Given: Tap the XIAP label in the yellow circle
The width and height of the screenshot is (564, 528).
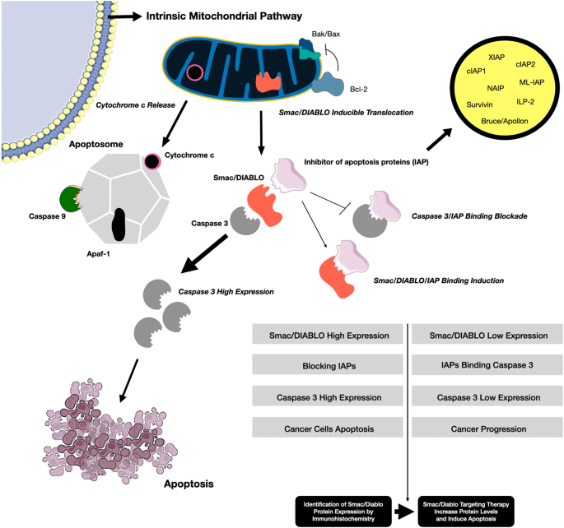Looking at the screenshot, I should [496, 58].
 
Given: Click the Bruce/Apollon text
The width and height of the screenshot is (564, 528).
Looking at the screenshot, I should [503, 121].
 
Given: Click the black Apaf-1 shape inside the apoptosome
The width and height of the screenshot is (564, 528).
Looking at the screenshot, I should [119, 224].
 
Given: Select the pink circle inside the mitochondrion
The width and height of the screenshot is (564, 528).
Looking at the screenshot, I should [194, 72].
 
